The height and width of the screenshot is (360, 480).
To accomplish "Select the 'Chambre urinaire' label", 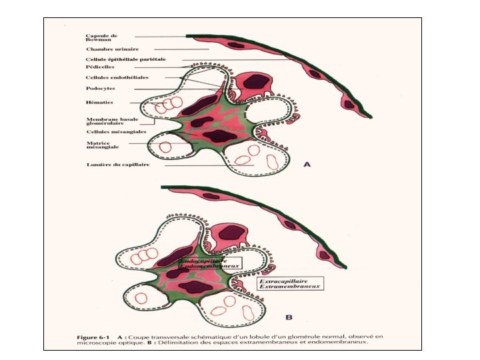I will pyautogui.click(x=108, y=49).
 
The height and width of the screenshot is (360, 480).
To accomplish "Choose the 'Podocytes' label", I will pyautogui.click(x=99, y=88).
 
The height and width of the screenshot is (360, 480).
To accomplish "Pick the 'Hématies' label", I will pyautogui.click(x=99, y=102).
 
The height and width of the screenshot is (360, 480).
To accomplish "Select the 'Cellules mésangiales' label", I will pyautogui.click(x=116, y=131).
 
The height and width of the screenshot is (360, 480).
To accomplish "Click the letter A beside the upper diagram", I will pyautogui.click(x=308, y=165).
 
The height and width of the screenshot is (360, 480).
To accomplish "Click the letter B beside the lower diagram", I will pyautogui.click(x=289, y=317).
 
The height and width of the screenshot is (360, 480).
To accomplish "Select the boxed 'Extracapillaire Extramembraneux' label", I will pyautogui.click(x=289, y=283).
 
